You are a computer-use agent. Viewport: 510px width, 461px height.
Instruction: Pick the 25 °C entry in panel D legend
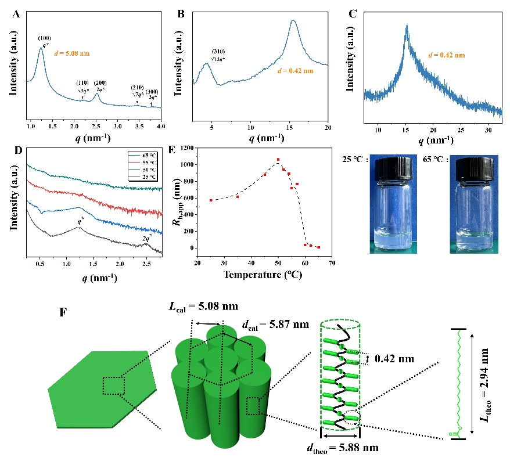click(148, 179)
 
